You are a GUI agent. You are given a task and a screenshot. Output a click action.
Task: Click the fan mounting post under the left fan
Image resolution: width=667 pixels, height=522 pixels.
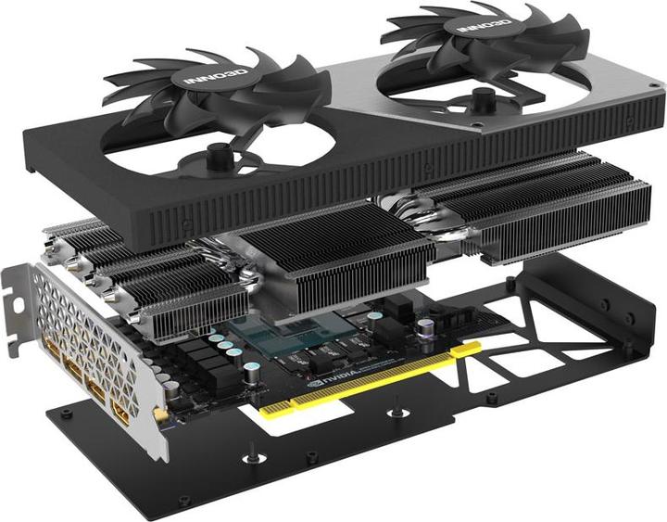coord(219,152)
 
